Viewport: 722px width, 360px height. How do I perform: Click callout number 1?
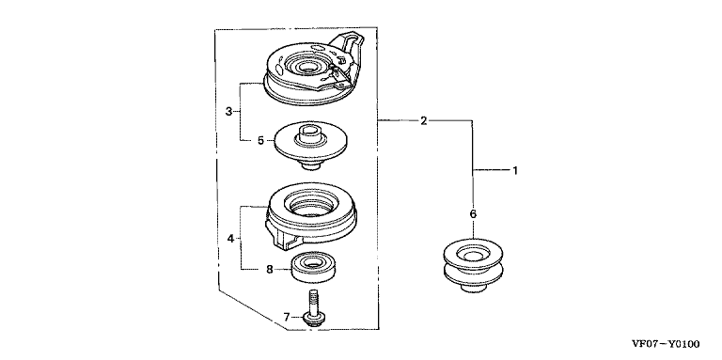point(515,170)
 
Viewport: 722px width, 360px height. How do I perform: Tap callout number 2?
point(424,120)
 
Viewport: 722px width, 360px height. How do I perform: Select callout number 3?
point(228,112)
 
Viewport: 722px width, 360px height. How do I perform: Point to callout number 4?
point(229,238)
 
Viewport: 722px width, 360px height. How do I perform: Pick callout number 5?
point(260,140)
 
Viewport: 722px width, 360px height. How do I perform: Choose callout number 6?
point(473,214)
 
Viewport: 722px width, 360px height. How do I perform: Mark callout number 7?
point(286,317)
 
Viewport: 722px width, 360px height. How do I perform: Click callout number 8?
point(270,270)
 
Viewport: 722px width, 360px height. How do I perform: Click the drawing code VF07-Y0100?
point(666,344)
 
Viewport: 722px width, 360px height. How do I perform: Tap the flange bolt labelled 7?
point(314,308)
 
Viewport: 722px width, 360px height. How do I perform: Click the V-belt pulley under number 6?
point(473,265)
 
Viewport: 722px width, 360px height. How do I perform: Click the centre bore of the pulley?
point(474,254)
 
